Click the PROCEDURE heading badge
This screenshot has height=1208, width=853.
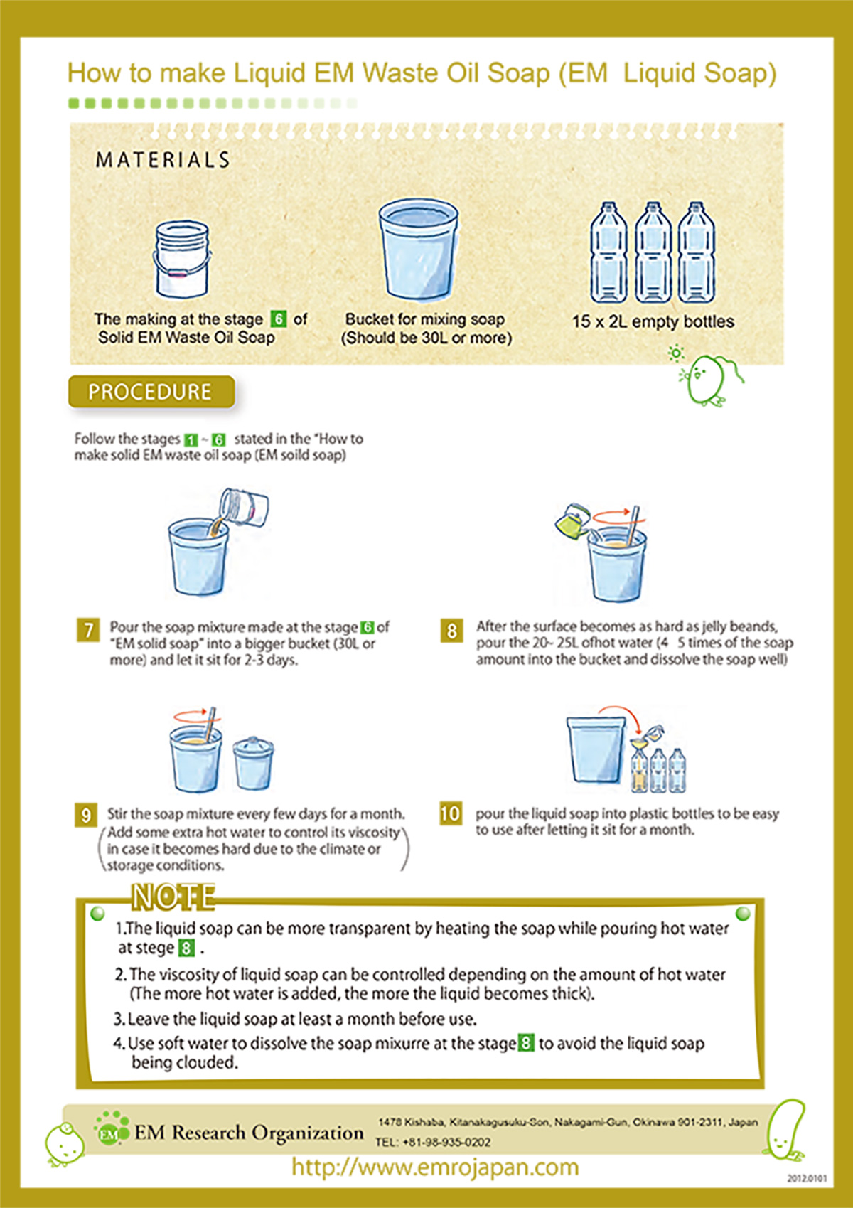coord(151,392)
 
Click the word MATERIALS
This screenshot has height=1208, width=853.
coord(163,160)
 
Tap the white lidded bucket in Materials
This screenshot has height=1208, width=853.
coord(182,259)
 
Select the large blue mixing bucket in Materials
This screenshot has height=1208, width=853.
coord(418,249)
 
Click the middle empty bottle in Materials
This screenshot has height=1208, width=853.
coord(653,252)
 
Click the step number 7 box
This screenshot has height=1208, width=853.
coord(88,630)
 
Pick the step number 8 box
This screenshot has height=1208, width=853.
coord(452,631)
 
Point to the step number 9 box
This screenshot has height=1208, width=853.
coord(86,816)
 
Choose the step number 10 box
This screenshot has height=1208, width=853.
coord(450,813)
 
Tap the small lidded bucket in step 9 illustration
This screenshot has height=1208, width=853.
coord(253,762)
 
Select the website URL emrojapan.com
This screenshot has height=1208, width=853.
coord(435,1167)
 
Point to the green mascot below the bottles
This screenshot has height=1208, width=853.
coord(709,378)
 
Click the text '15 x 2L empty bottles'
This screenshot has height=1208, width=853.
coord(653,322)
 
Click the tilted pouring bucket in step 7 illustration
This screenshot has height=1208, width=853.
coord(244,508)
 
